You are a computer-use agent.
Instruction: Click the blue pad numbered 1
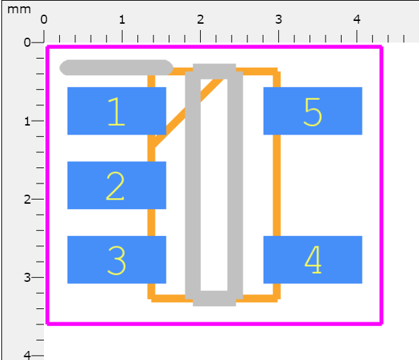(x=116, y=111)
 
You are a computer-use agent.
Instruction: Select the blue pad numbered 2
(x=116, y=186)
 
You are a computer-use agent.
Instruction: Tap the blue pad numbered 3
(x=116, y=260)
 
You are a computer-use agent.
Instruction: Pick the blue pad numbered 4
(x=313, y=260)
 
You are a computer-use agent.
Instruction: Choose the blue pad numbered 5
(x=313, y=111)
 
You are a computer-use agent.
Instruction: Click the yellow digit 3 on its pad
(x=116, y=260)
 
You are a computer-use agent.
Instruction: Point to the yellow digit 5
(x=312, y=112)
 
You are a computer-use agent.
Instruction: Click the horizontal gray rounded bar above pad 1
(x=116, y=68)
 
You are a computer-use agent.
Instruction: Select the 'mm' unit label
(x=19, y=10)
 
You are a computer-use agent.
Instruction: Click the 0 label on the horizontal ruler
(x=44, y=20)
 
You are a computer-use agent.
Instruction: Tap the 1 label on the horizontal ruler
(x=122, y=20)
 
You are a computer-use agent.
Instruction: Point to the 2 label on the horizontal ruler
(x=200, y=20)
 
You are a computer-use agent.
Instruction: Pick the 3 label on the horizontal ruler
(x=279, y=20)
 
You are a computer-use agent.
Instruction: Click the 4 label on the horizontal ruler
(x=357, y=20)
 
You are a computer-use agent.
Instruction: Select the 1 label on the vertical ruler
(x=27, y=121)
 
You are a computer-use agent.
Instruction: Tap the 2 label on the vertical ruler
(x=27, y=200)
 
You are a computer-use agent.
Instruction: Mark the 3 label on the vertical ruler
(x=27, y=278)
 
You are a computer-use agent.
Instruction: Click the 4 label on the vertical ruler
(x=27, y=355)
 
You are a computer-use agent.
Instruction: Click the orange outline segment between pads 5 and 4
(x=277, y=186)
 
